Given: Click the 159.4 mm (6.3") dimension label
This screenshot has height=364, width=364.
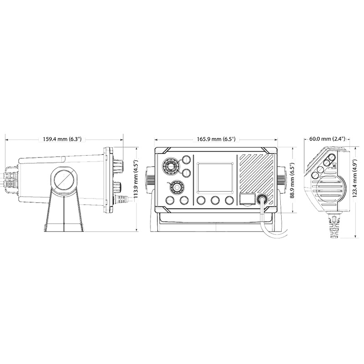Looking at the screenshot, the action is coord(62,139).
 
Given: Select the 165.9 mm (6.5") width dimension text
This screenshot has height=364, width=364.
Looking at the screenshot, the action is coord(216,139).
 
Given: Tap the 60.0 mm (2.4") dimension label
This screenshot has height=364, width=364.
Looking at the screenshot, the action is coord(327,139).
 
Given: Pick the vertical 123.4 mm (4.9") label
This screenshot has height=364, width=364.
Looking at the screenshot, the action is coord(355,178).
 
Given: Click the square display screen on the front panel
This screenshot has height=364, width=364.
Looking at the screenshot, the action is coord(215,177).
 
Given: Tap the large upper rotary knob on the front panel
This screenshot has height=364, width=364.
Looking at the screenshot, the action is coord(170,166).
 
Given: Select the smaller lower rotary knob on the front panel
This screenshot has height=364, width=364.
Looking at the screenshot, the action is coord(176,187).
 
